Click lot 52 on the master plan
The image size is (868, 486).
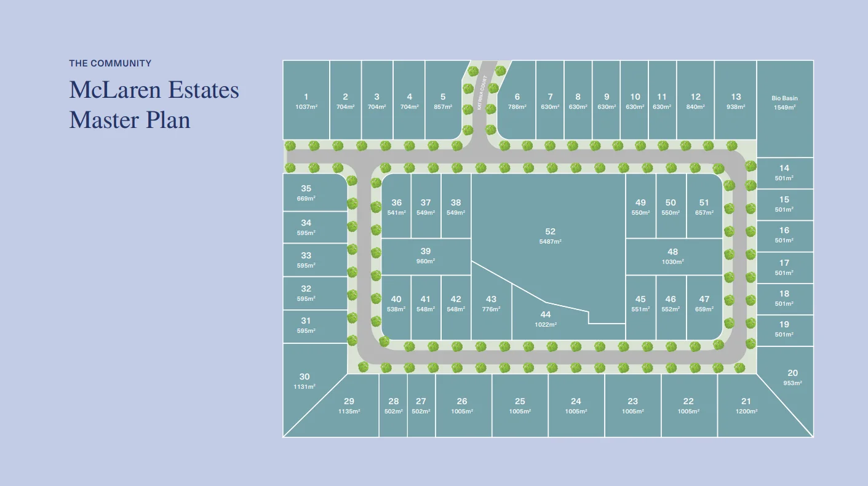(x=550, y=236)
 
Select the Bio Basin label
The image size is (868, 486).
(x=784, y=98)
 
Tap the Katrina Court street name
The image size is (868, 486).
(x=482, y=92)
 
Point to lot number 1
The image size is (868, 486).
(x=306, y=97)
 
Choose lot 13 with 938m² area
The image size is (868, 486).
(x=736, y=101)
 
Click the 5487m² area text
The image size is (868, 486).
(x=550, y=242)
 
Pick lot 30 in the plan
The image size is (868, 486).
(x=305, y=381)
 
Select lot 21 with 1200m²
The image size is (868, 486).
(x=746, y=406)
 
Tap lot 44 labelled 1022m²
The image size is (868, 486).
(x=545, y=319)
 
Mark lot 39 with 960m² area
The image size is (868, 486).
(x=426, y=255)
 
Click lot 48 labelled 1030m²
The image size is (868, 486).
(x=672, y=256)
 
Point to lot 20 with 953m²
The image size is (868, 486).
(x=792, y=377)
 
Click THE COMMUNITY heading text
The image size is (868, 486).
(x=110, y=63)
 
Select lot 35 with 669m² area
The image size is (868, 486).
(x=306, y=193)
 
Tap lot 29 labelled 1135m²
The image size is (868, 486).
(x=349, y=406)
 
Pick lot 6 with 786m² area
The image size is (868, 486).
(x=517, y=101)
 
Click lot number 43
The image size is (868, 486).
(x=490, y=300)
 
